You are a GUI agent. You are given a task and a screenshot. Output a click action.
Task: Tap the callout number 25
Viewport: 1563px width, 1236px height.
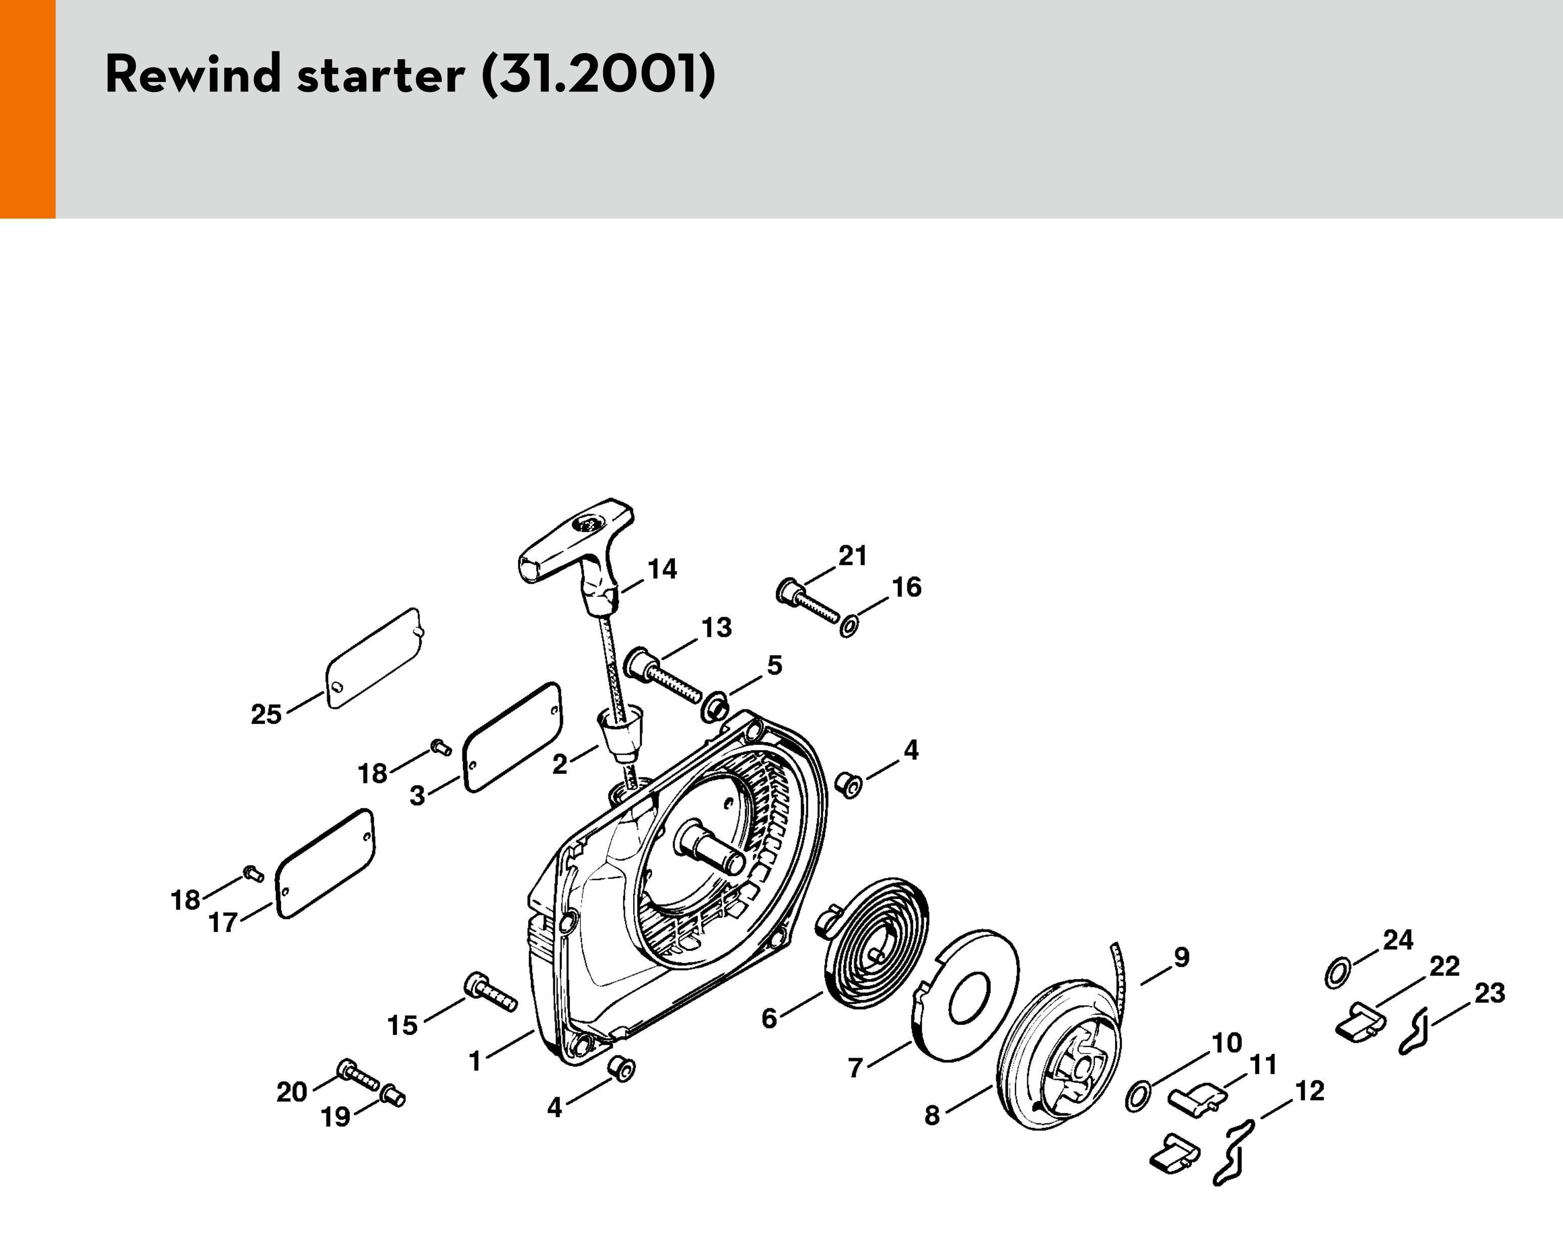(266, 715)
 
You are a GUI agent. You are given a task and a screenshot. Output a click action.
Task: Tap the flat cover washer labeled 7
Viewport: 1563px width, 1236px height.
(967, 997)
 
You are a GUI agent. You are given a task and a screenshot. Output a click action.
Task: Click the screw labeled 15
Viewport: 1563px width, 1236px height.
(490, 992)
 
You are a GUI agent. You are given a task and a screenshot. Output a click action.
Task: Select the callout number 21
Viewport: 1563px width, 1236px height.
(852, 556)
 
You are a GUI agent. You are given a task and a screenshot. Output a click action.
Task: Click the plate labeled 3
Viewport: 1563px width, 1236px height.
(511, 737)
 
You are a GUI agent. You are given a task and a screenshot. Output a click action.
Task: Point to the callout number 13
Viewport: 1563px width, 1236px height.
(716, 628)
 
